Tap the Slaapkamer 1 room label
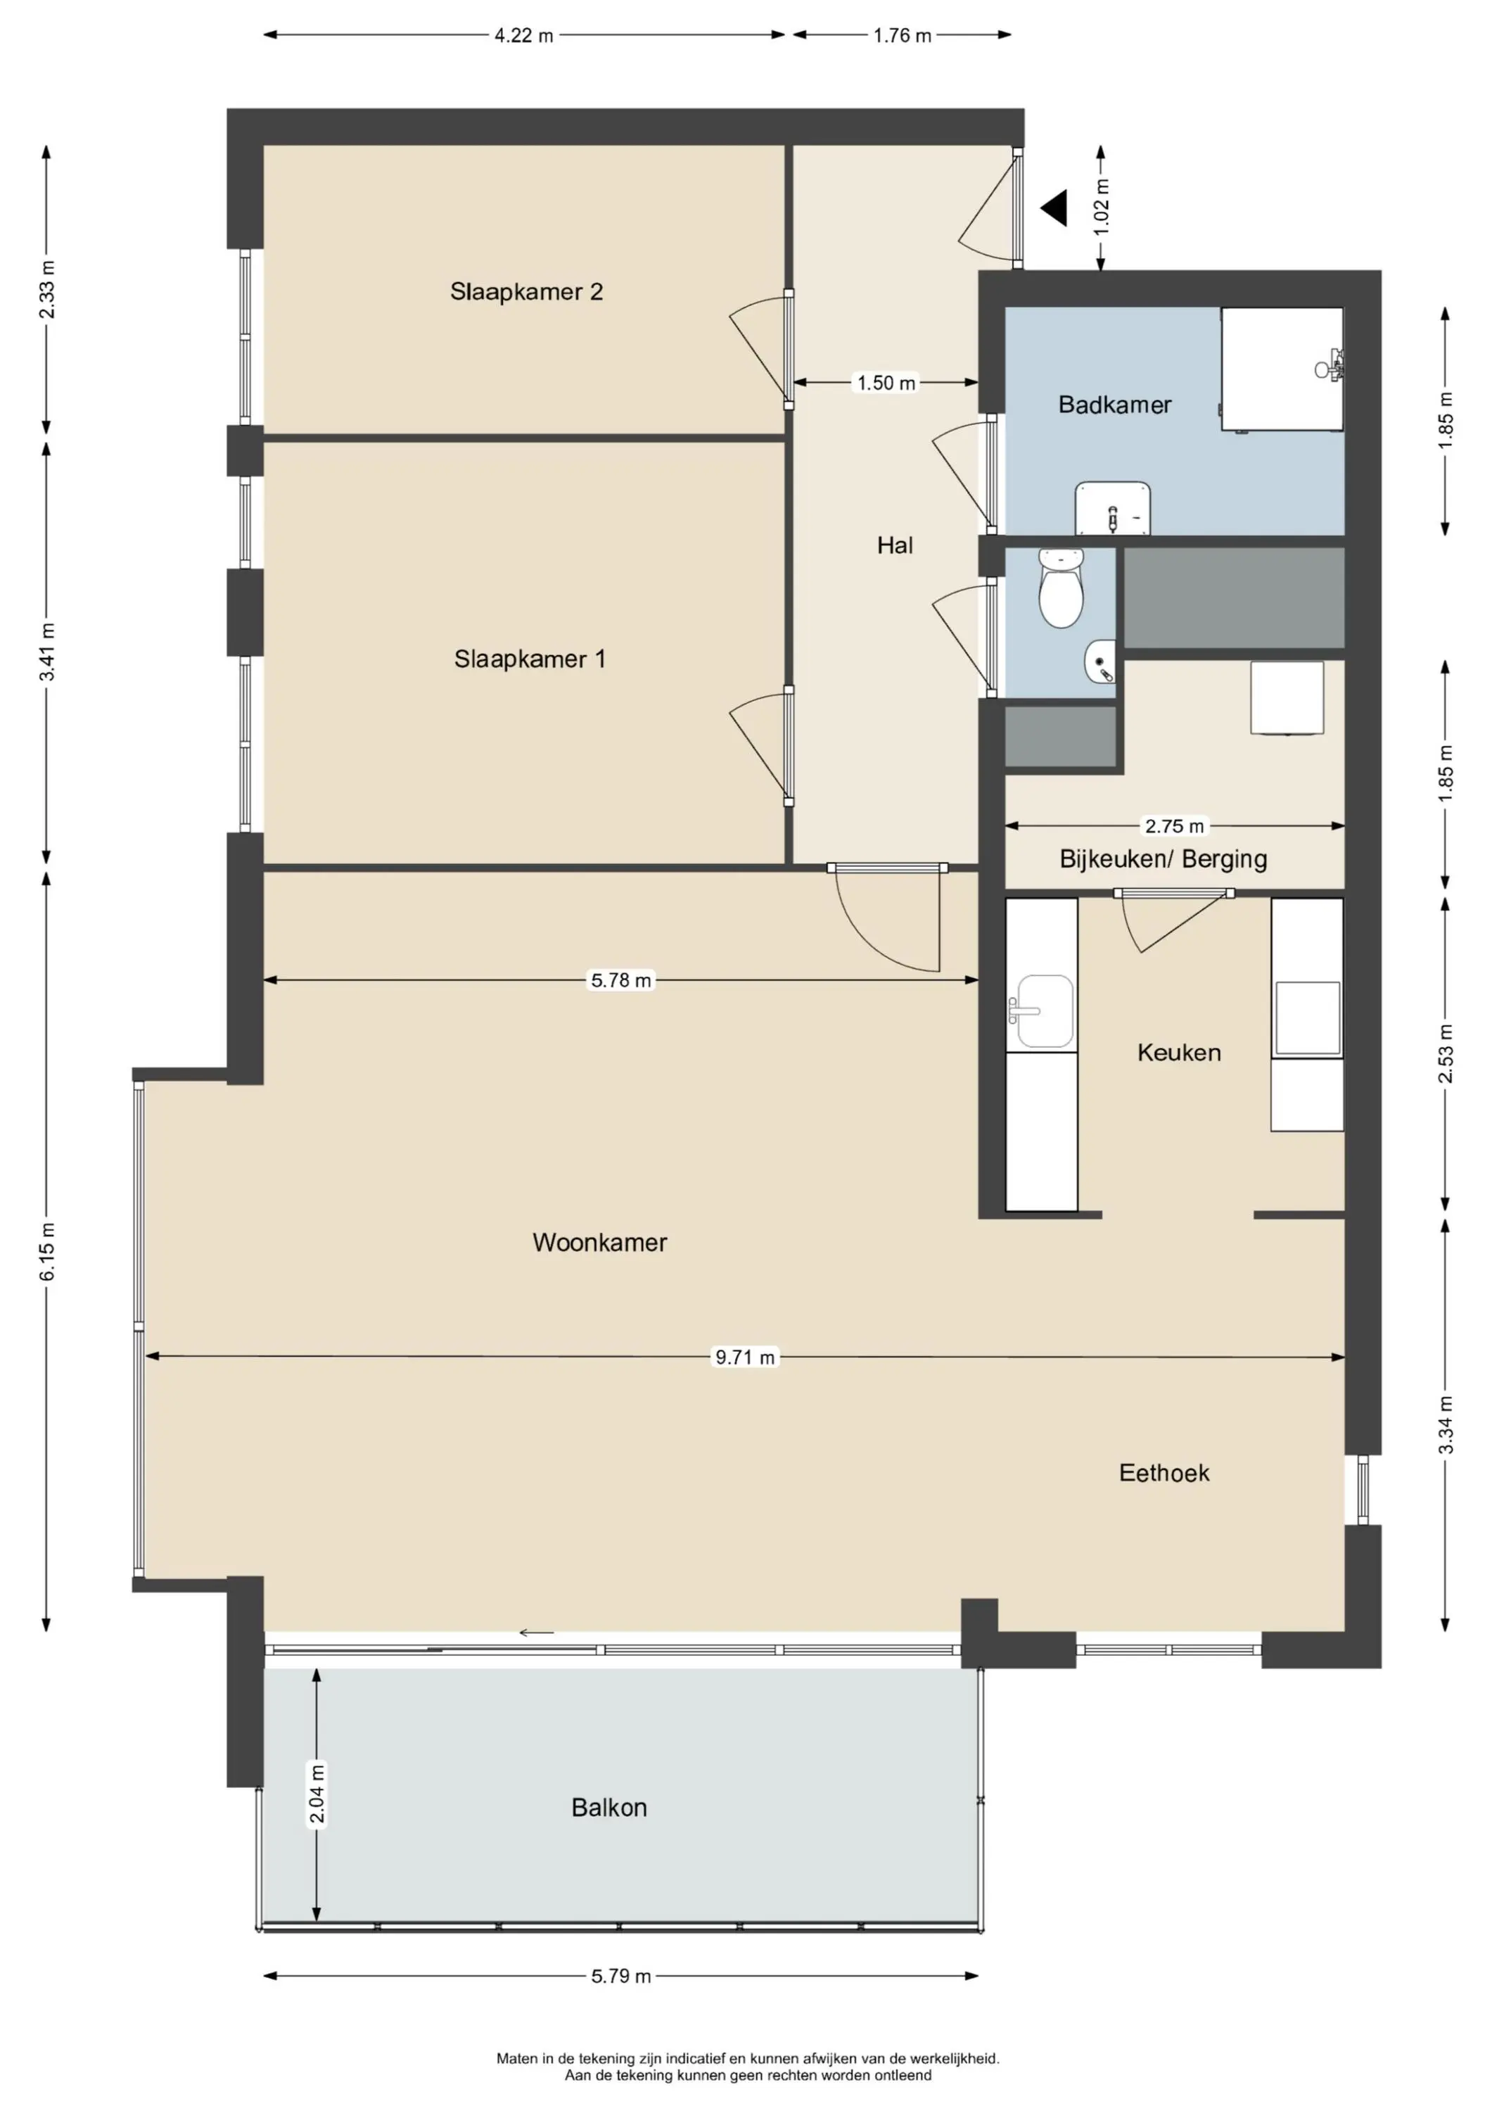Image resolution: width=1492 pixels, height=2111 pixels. [530, 659]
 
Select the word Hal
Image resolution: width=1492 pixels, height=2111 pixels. [895, 545]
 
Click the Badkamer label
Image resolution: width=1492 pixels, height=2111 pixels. [1114, 405]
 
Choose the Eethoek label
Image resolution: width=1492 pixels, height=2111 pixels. [1163, 1473]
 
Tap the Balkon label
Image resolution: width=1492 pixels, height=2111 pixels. [608, 1808]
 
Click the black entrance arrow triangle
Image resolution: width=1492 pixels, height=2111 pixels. [1055, 208]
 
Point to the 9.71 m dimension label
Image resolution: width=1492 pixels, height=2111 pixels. [746, 1357]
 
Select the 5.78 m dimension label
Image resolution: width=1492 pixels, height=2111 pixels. [620, 980]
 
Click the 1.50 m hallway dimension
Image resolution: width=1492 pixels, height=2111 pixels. [886, 383]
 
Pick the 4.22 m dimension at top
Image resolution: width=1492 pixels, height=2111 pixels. [524, 36]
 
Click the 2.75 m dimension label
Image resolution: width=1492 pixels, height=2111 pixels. [1174, 825]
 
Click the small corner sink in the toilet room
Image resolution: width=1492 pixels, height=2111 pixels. [1102, 662]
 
